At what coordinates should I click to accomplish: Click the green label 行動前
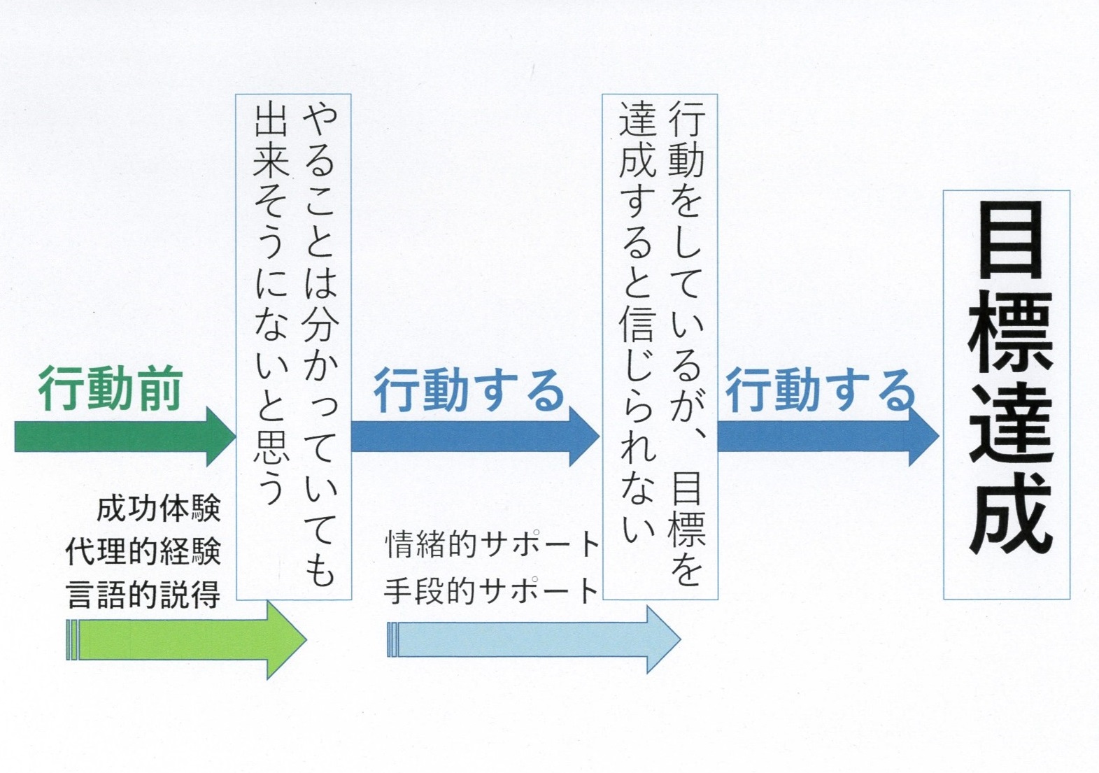(111, 389)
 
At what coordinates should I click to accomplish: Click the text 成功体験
(159, 509)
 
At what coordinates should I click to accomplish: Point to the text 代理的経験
(143, 552)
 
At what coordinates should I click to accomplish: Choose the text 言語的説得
(143, 595)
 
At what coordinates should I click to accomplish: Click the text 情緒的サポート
(492, 544)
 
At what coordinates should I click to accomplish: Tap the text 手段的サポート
(492, 591)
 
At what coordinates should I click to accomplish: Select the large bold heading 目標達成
(1009, 378)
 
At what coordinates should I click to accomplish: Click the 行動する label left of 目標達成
(820, 390)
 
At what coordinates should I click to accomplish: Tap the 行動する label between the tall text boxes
(469, 390)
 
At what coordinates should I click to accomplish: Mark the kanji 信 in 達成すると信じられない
(637, 321)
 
